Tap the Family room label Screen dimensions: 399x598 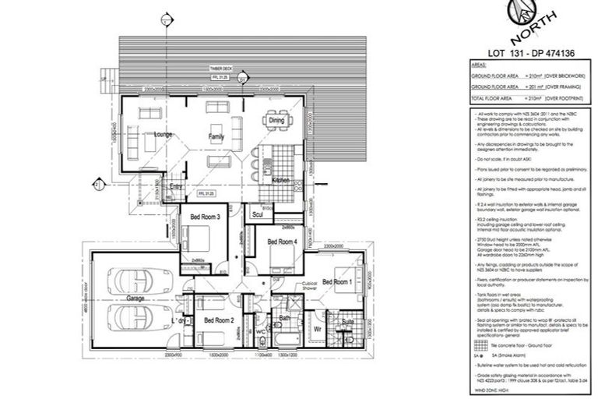click(x=216, y=136)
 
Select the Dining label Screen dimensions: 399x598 click(x=276, y=121)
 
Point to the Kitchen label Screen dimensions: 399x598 click(x=281, y=180)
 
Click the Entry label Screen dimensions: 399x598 click(x=176, y=187)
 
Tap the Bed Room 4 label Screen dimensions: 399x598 click(x=282, y=242)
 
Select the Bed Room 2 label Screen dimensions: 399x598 click(x=220, y=320)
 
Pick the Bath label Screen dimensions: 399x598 click(x=285, y=318)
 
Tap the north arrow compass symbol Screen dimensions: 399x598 click(x=521, y=17)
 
